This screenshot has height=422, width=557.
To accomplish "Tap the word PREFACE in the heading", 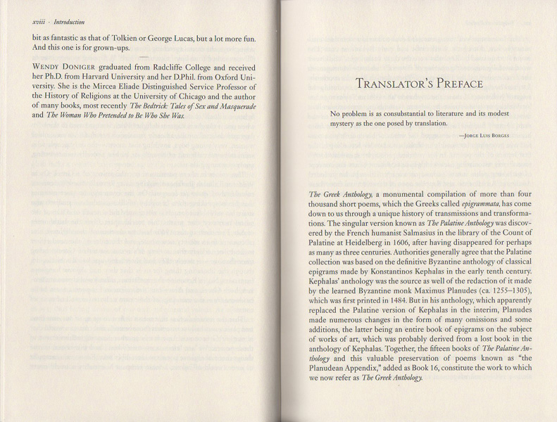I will point(461,84).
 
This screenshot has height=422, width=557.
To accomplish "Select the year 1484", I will point(417,301).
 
